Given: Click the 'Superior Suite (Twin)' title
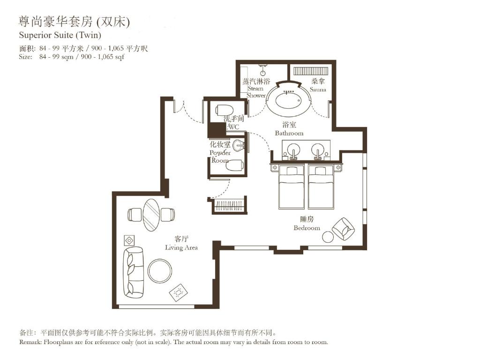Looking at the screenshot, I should click(60, 35).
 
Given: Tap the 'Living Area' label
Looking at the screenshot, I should click(181, 247).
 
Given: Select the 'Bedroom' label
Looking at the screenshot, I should click(307, 228).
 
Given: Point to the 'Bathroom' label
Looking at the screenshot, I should click(289, 133).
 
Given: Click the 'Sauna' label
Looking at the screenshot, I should click(318, 89).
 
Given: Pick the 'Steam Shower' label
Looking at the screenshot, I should click(256, 92).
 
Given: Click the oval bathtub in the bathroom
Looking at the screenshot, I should click(288, 100).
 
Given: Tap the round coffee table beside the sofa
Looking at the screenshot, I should click(160, 271).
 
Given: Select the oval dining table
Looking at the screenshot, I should click(151, 215).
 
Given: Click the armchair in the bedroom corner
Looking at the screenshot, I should click(343, 229).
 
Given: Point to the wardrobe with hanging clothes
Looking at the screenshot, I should click(229, 206).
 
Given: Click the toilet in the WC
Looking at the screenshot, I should click(224, 111).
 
